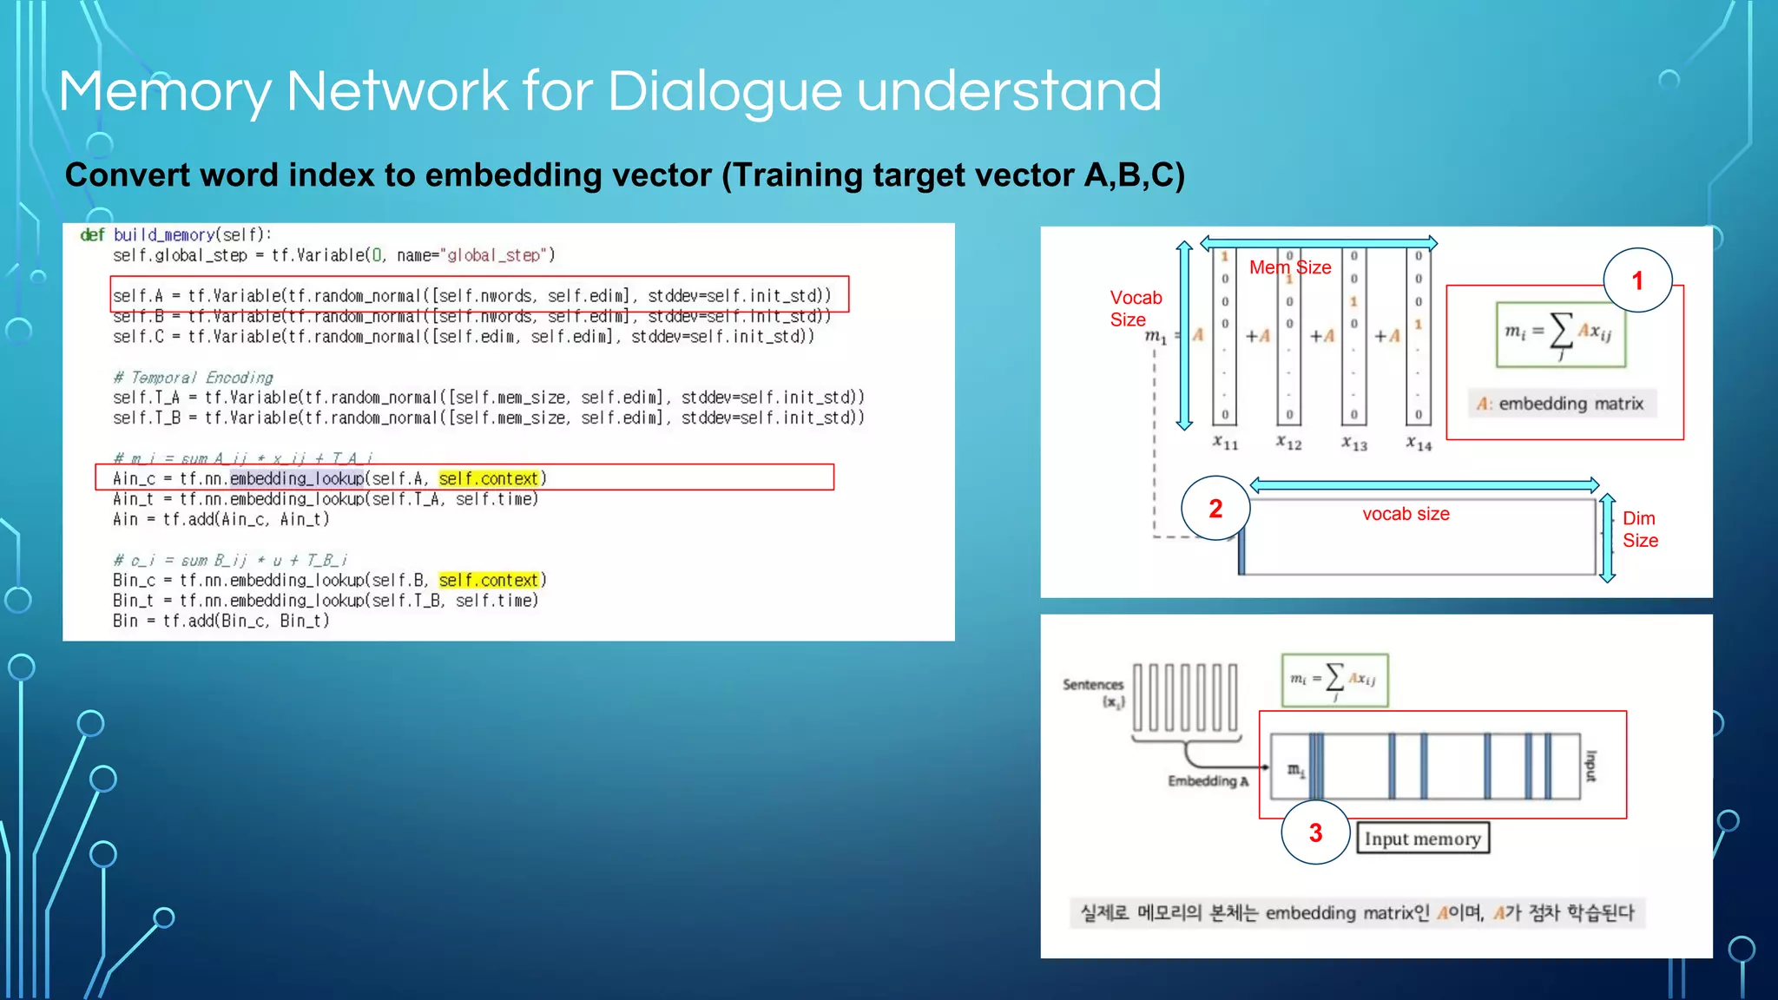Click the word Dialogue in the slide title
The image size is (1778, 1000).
724,92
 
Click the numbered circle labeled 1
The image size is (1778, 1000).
1636,280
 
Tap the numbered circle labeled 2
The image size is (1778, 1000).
1215,509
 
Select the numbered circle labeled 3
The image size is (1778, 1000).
1315,832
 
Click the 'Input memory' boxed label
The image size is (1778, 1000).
1422,839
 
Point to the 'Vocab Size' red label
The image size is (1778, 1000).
1135,308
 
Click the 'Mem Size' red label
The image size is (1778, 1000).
1289,267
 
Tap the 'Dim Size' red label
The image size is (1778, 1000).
1639,529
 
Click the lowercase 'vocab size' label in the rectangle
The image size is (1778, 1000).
1406,514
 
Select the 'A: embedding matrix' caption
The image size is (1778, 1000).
1561,404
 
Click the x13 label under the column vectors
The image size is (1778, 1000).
1353,444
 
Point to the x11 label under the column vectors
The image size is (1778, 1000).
1225,443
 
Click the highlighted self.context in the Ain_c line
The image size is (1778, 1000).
489,478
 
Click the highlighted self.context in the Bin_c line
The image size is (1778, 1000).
489,580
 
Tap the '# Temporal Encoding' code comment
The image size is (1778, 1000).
193,378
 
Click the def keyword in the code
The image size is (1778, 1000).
92,234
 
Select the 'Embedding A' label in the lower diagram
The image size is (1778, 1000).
1208,781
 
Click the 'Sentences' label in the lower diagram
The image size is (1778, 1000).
1092,685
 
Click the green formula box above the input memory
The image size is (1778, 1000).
1334,680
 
